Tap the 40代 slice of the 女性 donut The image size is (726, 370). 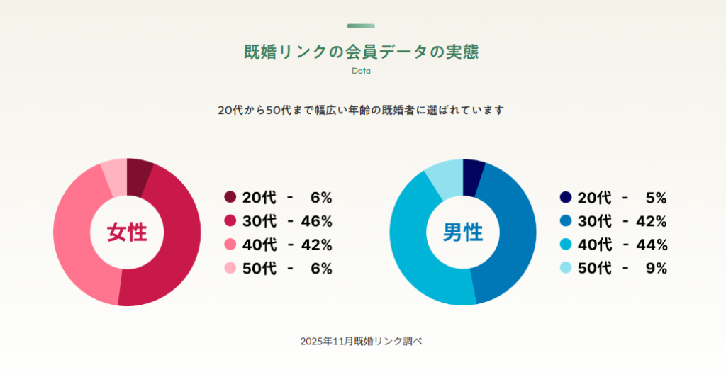[78, 241]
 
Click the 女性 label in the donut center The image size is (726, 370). [127, 232]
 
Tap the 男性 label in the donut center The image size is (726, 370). [463, 232]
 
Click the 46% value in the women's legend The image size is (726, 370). [316, 221]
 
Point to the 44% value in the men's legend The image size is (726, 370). [652, 245]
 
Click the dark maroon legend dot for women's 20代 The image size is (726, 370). [230, 198]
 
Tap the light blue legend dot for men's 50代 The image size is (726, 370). [566, 268]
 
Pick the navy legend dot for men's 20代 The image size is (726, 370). [566, 198]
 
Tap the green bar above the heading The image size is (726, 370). [361, 26]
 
